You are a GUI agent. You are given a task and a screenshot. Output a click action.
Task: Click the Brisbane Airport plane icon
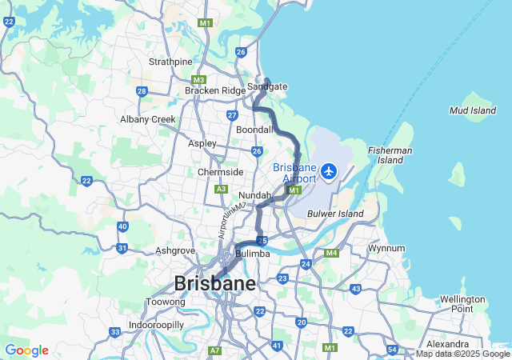(x=328, y=170)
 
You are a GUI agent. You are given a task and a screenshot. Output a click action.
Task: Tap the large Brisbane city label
(x=215, y=283)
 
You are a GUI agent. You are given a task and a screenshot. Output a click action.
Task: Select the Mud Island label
(x=472, y=110)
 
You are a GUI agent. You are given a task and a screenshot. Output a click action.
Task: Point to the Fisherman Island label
(x=390, y=155)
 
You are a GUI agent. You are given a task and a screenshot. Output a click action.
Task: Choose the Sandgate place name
(x=267, y=86)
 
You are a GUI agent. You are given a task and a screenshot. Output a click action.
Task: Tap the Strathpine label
(x=170, y=62)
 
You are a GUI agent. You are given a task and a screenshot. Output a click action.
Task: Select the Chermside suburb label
(x=221, y=172)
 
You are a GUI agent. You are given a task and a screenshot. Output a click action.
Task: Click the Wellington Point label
(x=462, y=304)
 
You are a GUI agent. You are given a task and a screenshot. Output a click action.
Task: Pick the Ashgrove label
(x=175, y=250)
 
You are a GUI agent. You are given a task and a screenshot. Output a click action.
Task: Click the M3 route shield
(x=199, y=79)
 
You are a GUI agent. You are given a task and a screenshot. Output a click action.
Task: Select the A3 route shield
(x=221, y=189)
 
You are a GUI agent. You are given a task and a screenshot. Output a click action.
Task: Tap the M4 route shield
(x=331, y=254)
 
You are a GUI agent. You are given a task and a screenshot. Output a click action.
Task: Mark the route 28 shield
(x=142, y=91)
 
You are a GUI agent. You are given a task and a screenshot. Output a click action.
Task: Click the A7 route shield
(x=214, y=350)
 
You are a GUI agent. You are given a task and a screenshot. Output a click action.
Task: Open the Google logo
(x=26, y=350)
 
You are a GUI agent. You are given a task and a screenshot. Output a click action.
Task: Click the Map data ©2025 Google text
(x=462, y=354)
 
